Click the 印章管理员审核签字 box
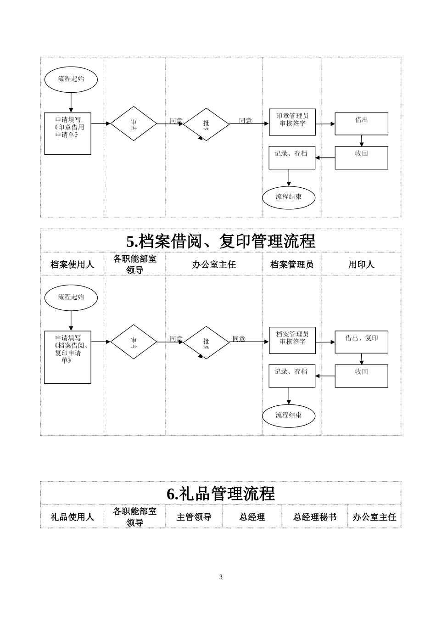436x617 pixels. pyautogui.click(x=292, y=122)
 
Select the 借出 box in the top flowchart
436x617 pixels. pyautogui.click(x=361, y=123)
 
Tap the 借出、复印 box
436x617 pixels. pyautogui.click(x=361, y=342)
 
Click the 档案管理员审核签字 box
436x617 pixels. pyautogui.click(x=292, y=340)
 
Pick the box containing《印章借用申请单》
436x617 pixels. pyautogui.click(x=67, y=133)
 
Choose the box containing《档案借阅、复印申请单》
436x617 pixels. pyautogui.click(x=67, y=357)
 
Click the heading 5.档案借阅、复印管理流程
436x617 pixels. pyautogui.click(x=221, y=241)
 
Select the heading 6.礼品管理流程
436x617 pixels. pyautogui.click(x=221, y=494)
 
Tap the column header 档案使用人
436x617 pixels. pyautogui.click(x=72, y=264)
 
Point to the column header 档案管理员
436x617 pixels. pyautogui.click(x=292, y=264)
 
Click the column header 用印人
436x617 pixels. pyautogui.click(x=361, y=264)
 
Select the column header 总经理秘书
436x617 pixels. pyautogui.click(x=315, y=517)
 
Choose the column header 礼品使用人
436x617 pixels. pyautogui.click(x=72, y=517)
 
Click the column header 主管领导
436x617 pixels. pyautogui.click(x=194, y=517)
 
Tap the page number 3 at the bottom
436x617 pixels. pyautogui.click(x=221, y=577)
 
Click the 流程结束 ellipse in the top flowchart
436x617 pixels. pyautogui.click(x=289, y=197)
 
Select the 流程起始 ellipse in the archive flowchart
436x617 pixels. pyautogui.click(x=71, y=297)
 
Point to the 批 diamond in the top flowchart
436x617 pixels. pyautogui.click(x=207, y=124)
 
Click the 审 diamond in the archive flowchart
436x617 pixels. pyautogui.click(x=134, y=342)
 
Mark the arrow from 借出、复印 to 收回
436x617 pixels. pyautogui.click(x=362, y=359)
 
